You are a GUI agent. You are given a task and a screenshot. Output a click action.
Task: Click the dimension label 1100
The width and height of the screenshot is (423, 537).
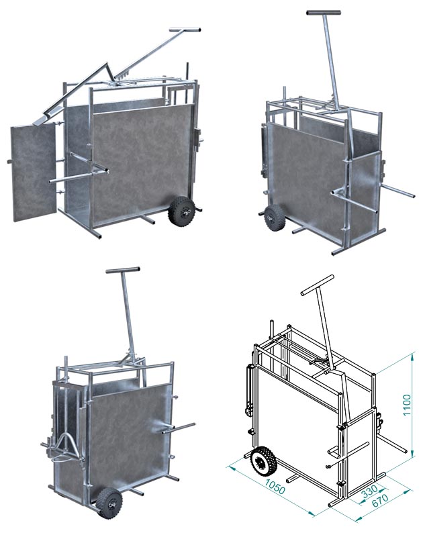[406, 405]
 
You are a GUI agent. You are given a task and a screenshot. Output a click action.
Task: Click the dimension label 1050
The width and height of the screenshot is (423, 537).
[275, 487]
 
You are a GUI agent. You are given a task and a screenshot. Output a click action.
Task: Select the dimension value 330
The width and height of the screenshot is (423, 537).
[369, 492]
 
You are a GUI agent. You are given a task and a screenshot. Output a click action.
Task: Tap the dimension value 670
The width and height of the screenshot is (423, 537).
[380, 499]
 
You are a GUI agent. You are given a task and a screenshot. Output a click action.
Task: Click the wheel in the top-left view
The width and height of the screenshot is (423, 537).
[182, 211]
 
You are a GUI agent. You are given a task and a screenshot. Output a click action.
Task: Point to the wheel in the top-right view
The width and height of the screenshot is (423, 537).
[275, 217]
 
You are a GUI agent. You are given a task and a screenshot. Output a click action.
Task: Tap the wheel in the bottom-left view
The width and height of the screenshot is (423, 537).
[109, 503]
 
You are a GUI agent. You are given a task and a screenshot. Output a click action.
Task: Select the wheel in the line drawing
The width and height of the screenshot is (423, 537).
[263, 461]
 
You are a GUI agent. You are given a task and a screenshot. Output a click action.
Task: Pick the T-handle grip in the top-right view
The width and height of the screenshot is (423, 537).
[324, 12]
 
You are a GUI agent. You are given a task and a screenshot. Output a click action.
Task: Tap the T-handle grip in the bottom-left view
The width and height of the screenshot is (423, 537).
[123, 270]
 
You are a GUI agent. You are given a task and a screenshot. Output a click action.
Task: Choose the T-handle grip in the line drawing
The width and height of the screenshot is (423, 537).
[317, 285]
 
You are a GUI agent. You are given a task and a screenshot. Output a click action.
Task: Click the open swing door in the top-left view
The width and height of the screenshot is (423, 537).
[34, 173]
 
